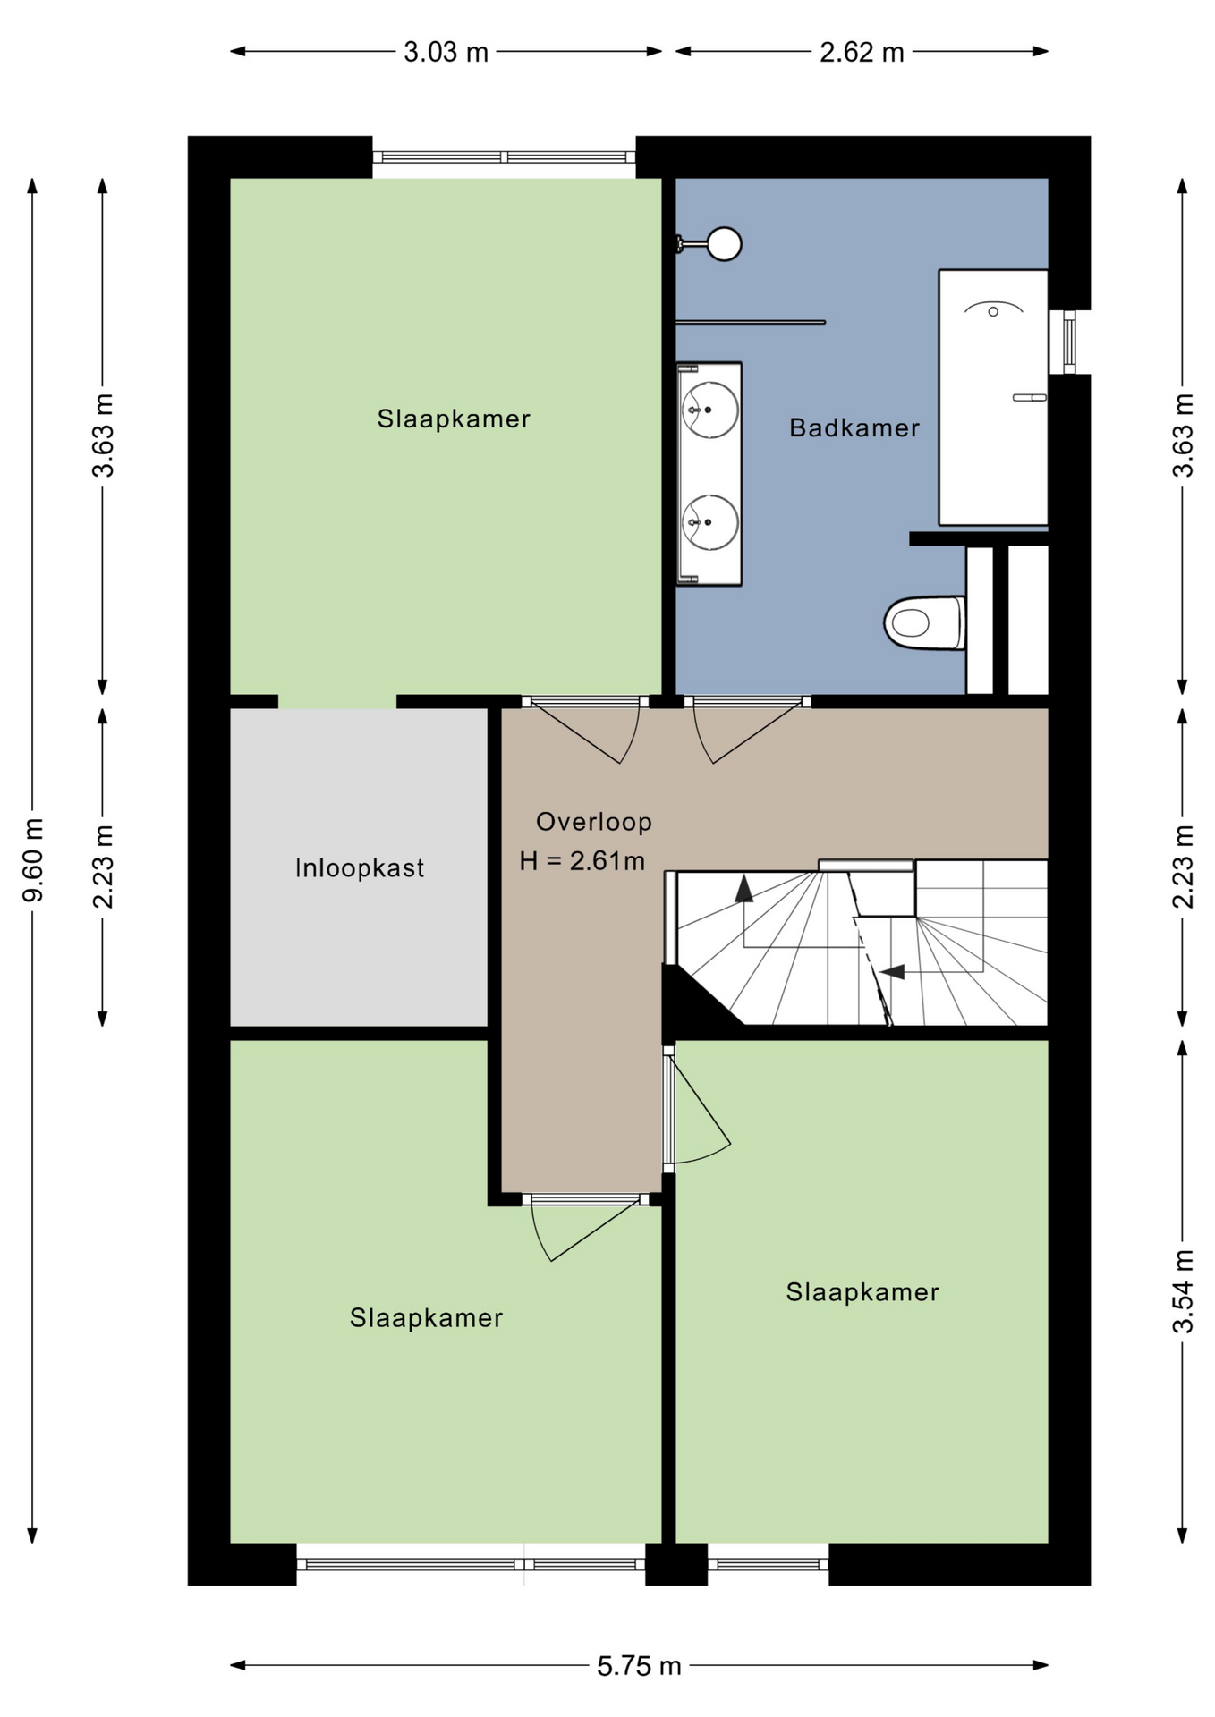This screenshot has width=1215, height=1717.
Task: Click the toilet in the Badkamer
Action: click(x=924, y=622)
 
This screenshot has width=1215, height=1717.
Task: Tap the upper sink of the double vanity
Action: click(x=710, y=410)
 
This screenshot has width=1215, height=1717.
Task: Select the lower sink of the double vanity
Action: click(x=710, y=522)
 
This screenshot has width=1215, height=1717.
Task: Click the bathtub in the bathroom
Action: click(x=993, y=397)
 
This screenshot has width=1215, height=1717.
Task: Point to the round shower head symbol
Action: click(x=724, y=243)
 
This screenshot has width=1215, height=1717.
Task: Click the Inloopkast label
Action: click(x=360, y=867)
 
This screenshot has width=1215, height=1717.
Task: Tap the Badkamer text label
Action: click(x=854, y=427)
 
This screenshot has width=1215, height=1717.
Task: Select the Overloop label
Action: click(x=594, y=821)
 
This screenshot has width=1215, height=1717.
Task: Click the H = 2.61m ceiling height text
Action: click(x=582, y=860)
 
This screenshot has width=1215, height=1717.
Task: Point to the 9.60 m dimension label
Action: click(x=33, y=859)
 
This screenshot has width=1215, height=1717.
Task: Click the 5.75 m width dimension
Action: click(x=639, y=1666)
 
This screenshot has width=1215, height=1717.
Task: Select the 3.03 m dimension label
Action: click(x=446, y=52)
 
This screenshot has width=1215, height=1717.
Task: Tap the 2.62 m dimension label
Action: click(x=862, y=52)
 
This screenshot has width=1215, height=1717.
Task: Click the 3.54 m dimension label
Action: click(x=1183, y=1291)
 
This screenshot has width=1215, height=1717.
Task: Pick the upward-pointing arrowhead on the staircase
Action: click(x=743, y=888)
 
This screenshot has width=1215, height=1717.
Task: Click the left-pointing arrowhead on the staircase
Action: click(x=892, y=971)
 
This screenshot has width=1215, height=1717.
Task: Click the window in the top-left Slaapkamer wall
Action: click(x=504, y=157)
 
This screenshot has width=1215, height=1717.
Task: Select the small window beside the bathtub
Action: click(x=1068, y=342)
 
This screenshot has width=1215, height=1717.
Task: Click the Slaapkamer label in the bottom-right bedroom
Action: click(x=862, y=1291)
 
